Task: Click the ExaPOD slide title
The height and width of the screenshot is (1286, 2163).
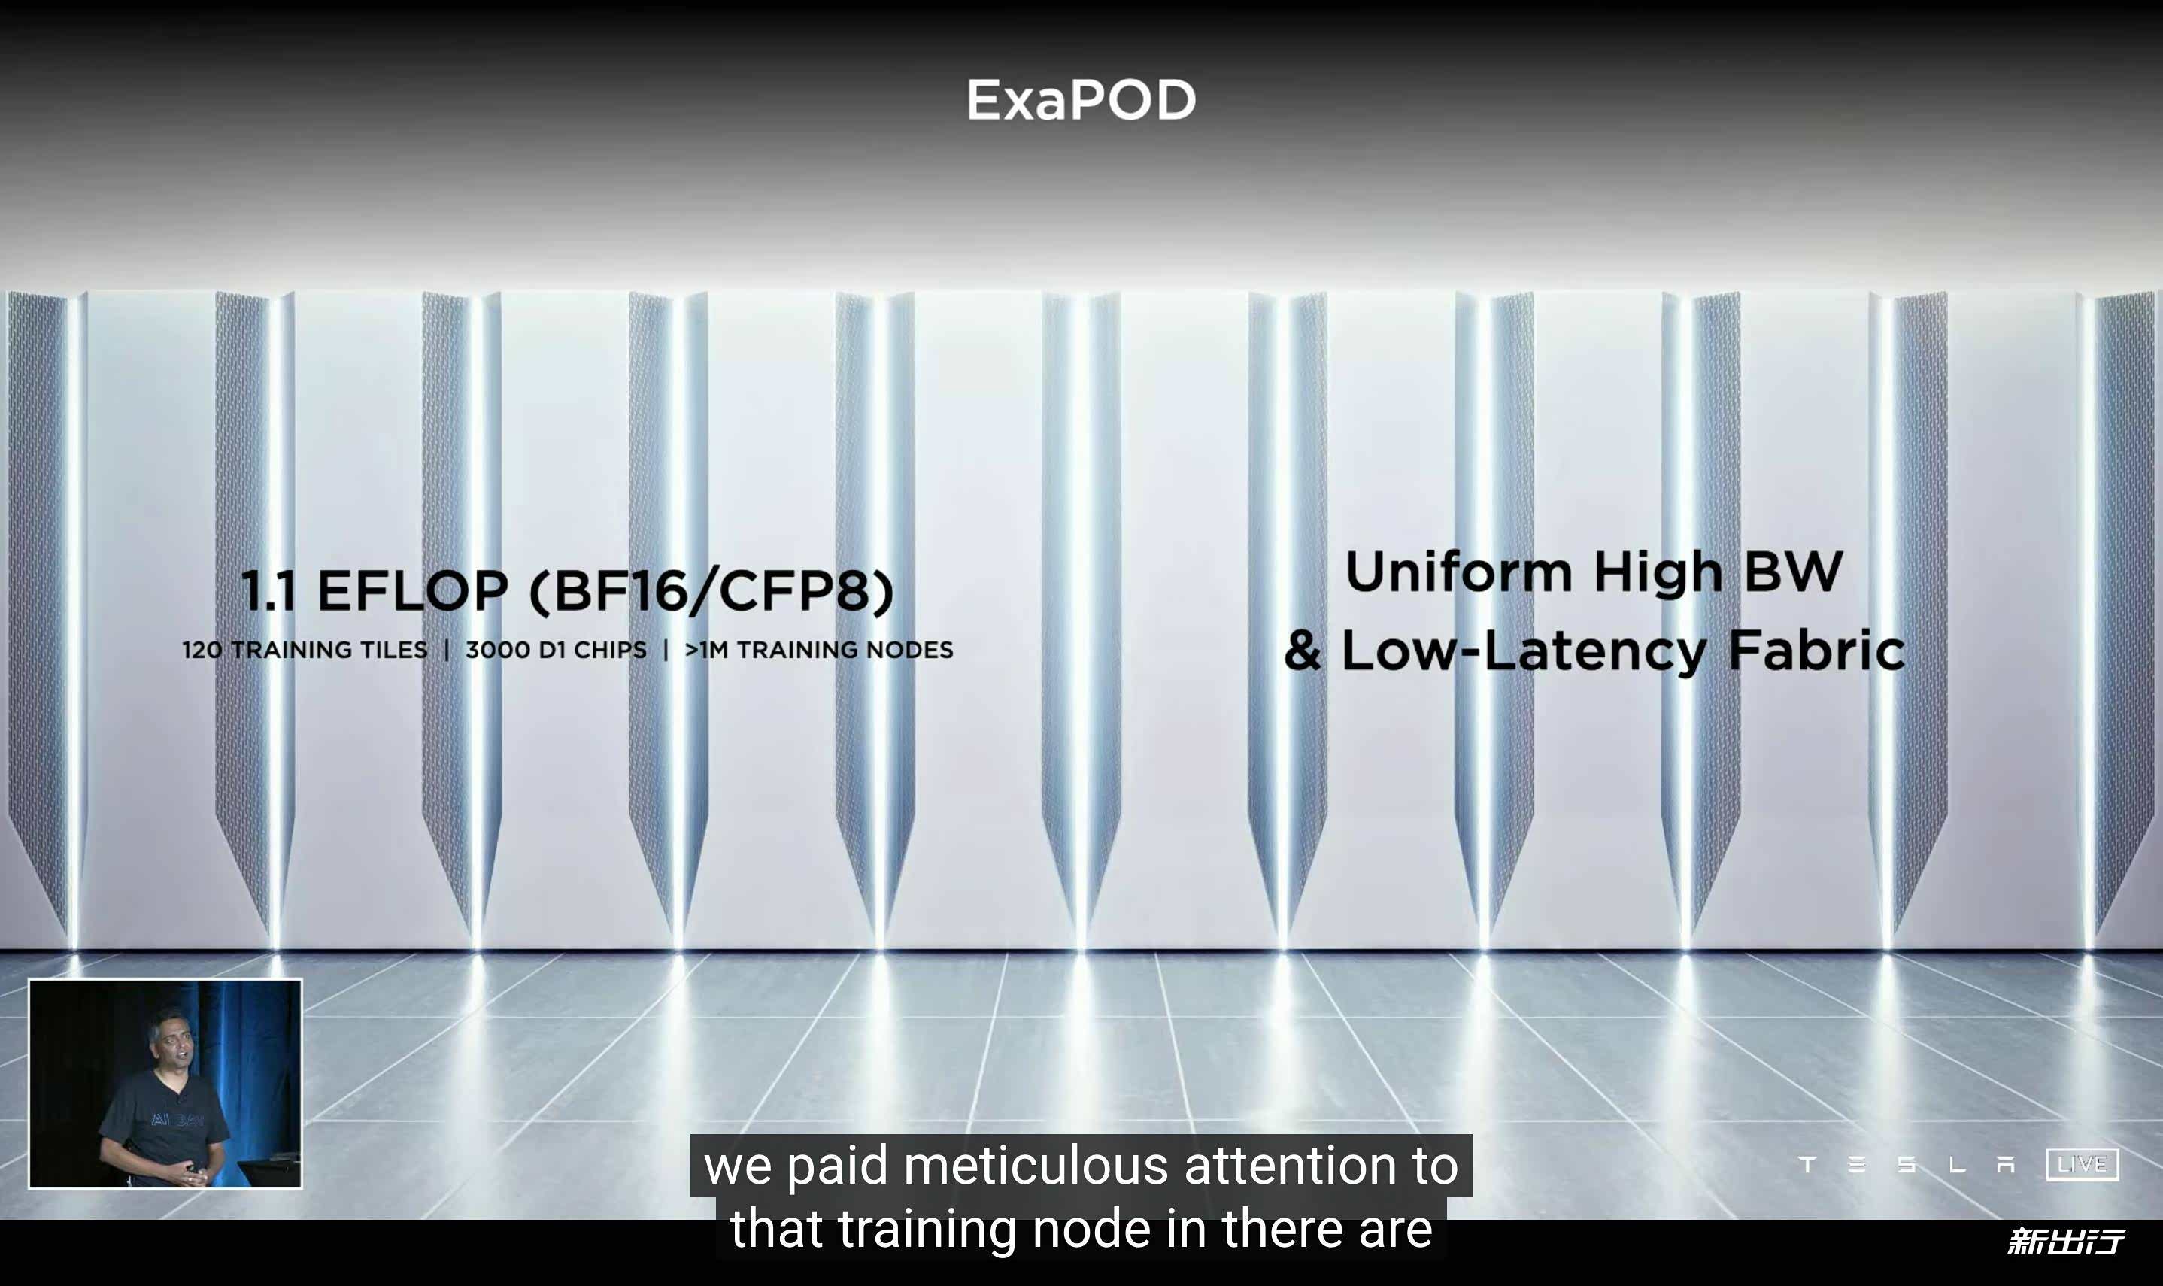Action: [1081, 100]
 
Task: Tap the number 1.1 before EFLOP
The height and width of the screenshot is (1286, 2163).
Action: [268, 591]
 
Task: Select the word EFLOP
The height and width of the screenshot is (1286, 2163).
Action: [412, 591]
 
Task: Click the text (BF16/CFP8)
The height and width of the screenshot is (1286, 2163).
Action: [711, 591]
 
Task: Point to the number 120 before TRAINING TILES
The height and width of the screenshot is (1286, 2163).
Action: [202, 650]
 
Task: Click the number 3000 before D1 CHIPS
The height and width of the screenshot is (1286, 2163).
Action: [496, 650]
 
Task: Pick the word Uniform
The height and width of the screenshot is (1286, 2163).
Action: [1458, 572]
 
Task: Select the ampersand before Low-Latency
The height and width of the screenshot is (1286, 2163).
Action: [1303, 650]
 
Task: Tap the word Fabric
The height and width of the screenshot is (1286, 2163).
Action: [1816, 649]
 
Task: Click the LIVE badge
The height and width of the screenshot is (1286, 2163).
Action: [2082, 1164]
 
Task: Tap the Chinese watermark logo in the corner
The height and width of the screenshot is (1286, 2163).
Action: [2065, 1242]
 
